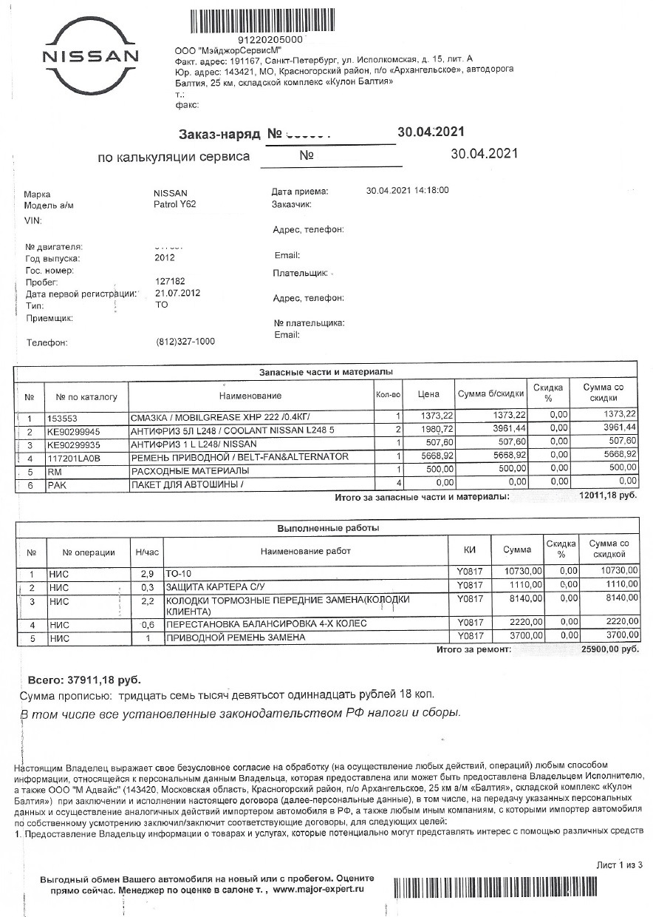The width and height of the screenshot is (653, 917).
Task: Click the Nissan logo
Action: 90,57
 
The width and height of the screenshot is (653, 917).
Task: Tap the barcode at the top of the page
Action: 271,19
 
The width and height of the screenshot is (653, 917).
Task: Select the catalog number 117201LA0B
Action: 74,458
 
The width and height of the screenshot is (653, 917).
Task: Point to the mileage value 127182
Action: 171,282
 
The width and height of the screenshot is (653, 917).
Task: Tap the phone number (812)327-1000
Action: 186,342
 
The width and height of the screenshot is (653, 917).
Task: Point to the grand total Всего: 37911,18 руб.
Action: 83,680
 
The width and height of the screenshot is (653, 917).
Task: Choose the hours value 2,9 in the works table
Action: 146,573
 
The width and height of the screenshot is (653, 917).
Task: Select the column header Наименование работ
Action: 306,551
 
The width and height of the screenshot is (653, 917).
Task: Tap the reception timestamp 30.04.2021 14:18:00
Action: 407,191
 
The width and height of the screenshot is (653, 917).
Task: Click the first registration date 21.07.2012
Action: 178,293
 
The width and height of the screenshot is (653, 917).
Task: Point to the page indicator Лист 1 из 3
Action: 620,864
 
